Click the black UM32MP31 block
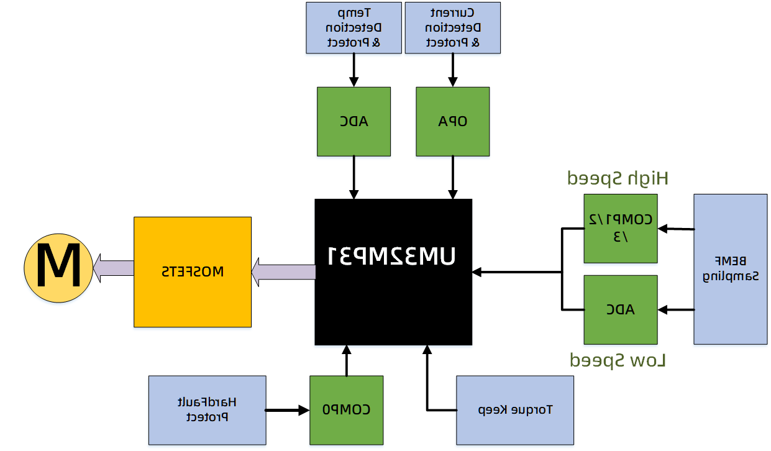pos(393,272)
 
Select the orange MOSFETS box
pos(193,271)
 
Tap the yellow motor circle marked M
pos(58,268)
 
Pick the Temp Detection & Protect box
pos(354,28)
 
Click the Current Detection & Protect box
pos(452,28)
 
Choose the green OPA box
pos(452,121)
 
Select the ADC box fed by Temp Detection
pos(354,121)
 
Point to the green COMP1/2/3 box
pos(620,228)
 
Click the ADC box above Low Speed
pos(620,309)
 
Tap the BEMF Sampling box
pos(730,269)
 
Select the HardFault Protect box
pos(207,410)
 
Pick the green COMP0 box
pos(346,410)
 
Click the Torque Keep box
pos(514,410)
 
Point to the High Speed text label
pos(618,179)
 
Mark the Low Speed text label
pos(618,360)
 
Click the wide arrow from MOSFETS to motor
pos(114,268)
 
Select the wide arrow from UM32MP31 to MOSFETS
pos(283,272)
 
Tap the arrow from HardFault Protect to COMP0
pos(287,410)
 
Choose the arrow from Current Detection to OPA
pos(452,70)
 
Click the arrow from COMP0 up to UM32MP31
pos(346,360)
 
